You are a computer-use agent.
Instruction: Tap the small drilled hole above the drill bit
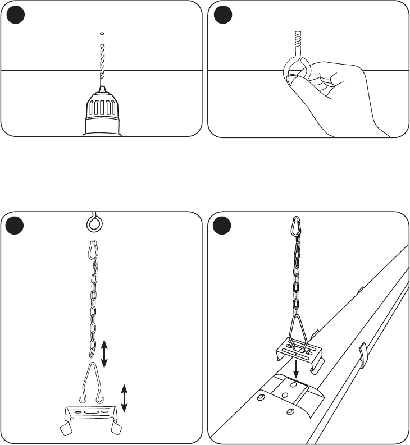[x=101, y=33]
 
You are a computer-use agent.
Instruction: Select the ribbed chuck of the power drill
[x=102, y=109]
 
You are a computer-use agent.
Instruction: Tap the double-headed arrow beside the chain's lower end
[x=104, y=353]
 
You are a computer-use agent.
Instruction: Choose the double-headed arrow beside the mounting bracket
[x=124, y=398]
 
